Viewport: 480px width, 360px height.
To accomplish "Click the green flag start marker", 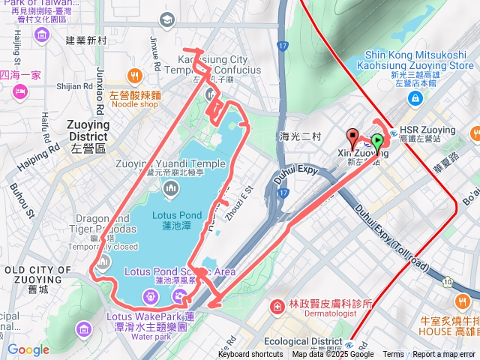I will click(x=377, y=141).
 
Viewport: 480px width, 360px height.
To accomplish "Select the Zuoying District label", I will click(x=88, y=130).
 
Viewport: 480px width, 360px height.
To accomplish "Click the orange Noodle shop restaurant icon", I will click(x=135, y=75).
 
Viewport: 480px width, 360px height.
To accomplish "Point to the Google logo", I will click(x=28, y=349).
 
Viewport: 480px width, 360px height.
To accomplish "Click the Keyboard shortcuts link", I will click(x=250, y=355).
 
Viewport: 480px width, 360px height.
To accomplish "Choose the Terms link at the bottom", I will click(x=393, y=355).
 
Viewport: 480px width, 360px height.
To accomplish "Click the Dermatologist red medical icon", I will click(x=277, y=307).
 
